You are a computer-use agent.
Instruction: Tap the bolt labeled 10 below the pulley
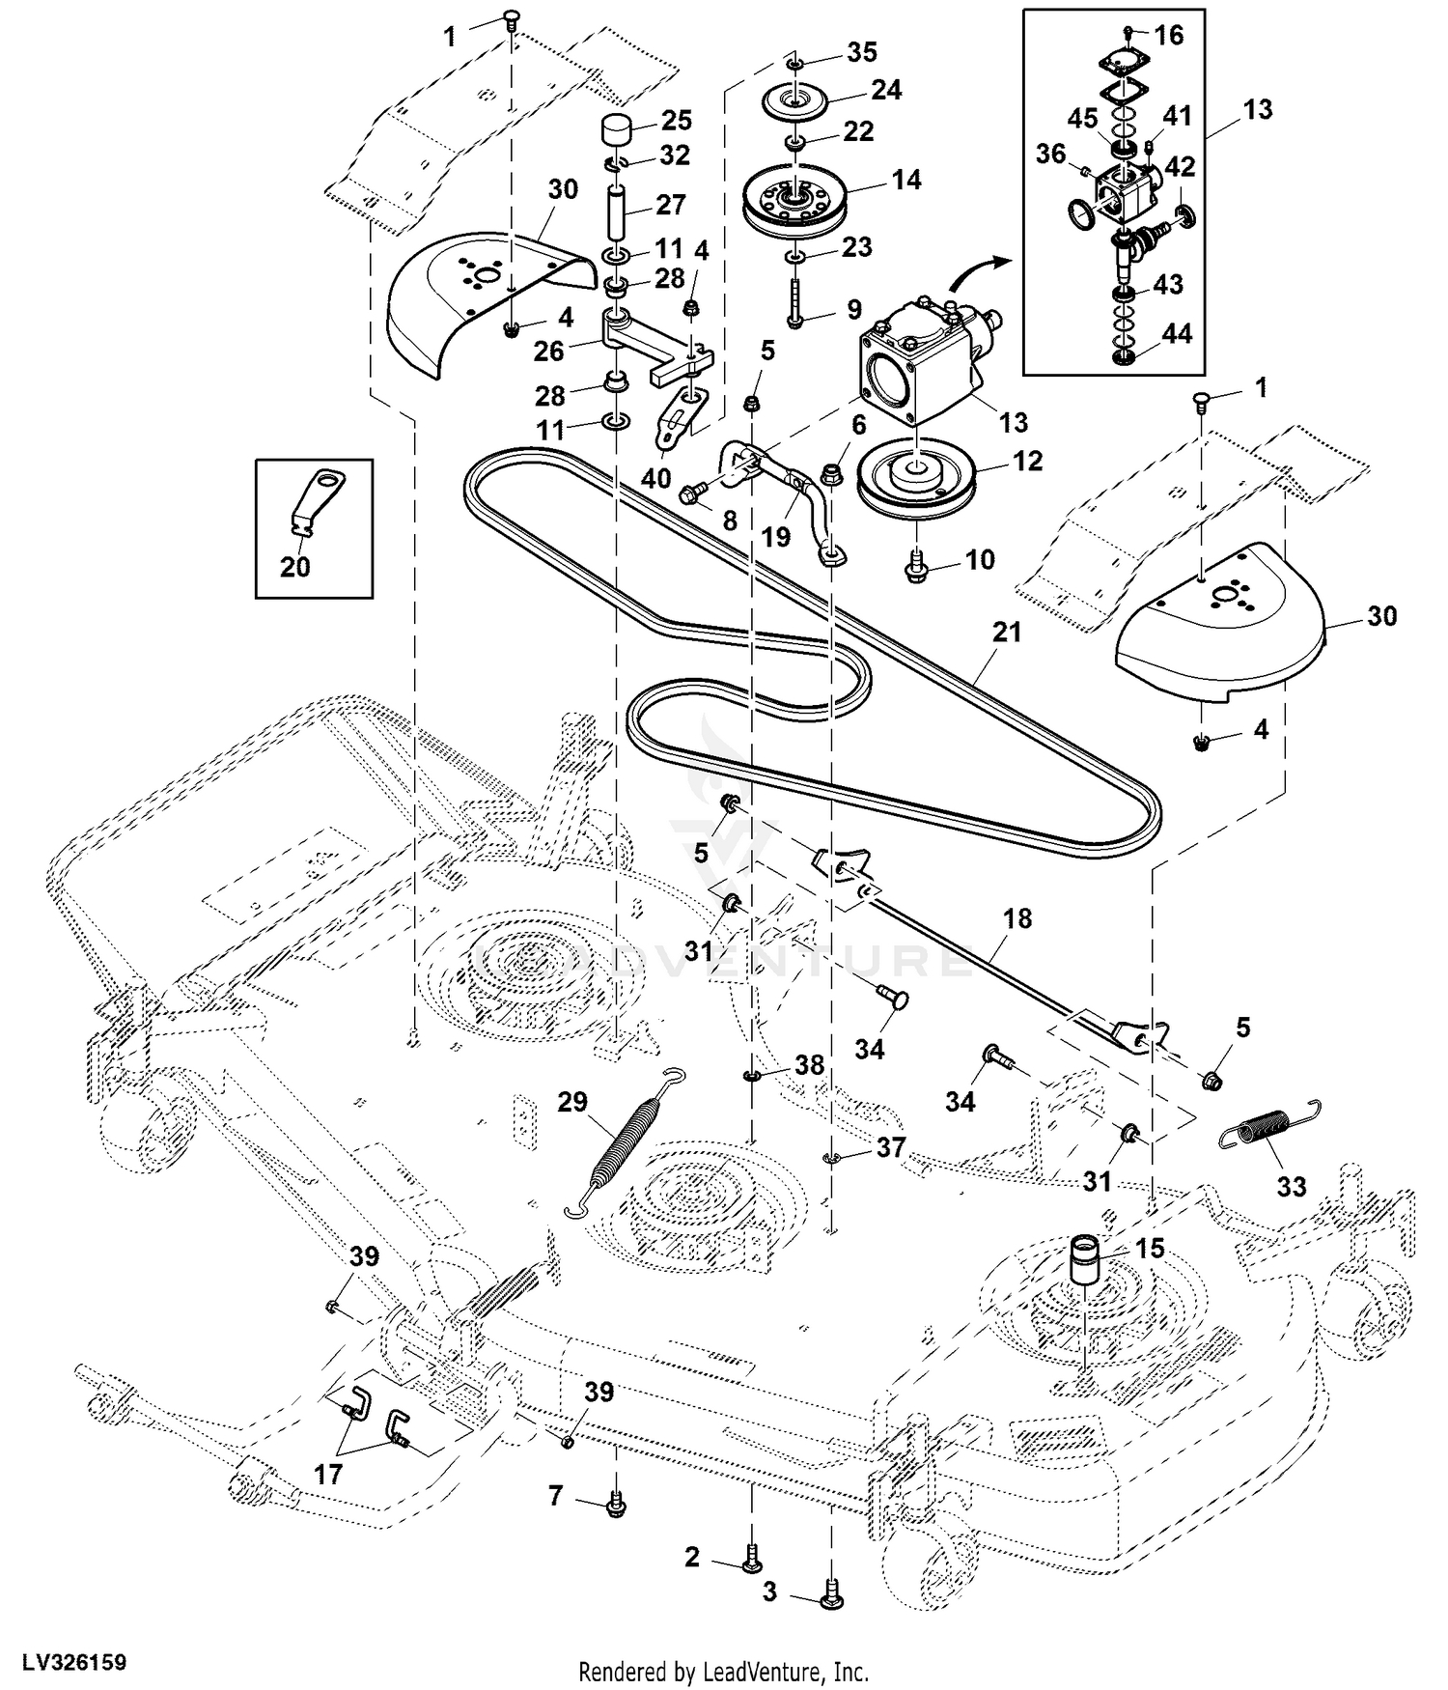[914, 570]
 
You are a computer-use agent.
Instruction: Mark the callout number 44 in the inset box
[1176, 334]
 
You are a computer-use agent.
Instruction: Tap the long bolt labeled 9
[794, 301]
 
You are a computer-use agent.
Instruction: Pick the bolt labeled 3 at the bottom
[830, 1594]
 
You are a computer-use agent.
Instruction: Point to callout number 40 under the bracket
[656, 478]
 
